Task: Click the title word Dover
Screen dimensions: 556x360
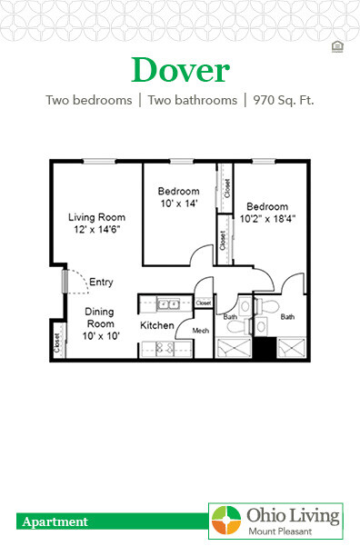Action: (180, 70)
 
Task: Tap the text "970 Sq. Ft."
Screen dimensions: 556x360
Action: (283, 100)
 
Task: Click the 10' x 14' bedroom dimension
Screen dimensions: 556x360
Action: (178, 204)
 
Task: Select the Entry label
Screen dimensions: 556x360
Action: (101, 282)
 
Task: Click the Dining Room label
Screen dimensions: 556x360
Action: (100, 318)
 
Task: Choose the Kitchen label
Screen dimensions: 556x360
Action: (156, 324)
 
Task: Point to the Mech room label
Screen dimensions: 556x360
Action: (201, 331)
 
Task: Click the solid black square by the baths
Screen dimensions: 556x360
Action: (264, 346)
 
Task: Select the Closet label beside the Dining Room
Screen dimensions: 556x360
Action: (56, 343)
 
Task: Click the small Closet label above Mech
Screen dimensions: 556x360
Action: (203, 303)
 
